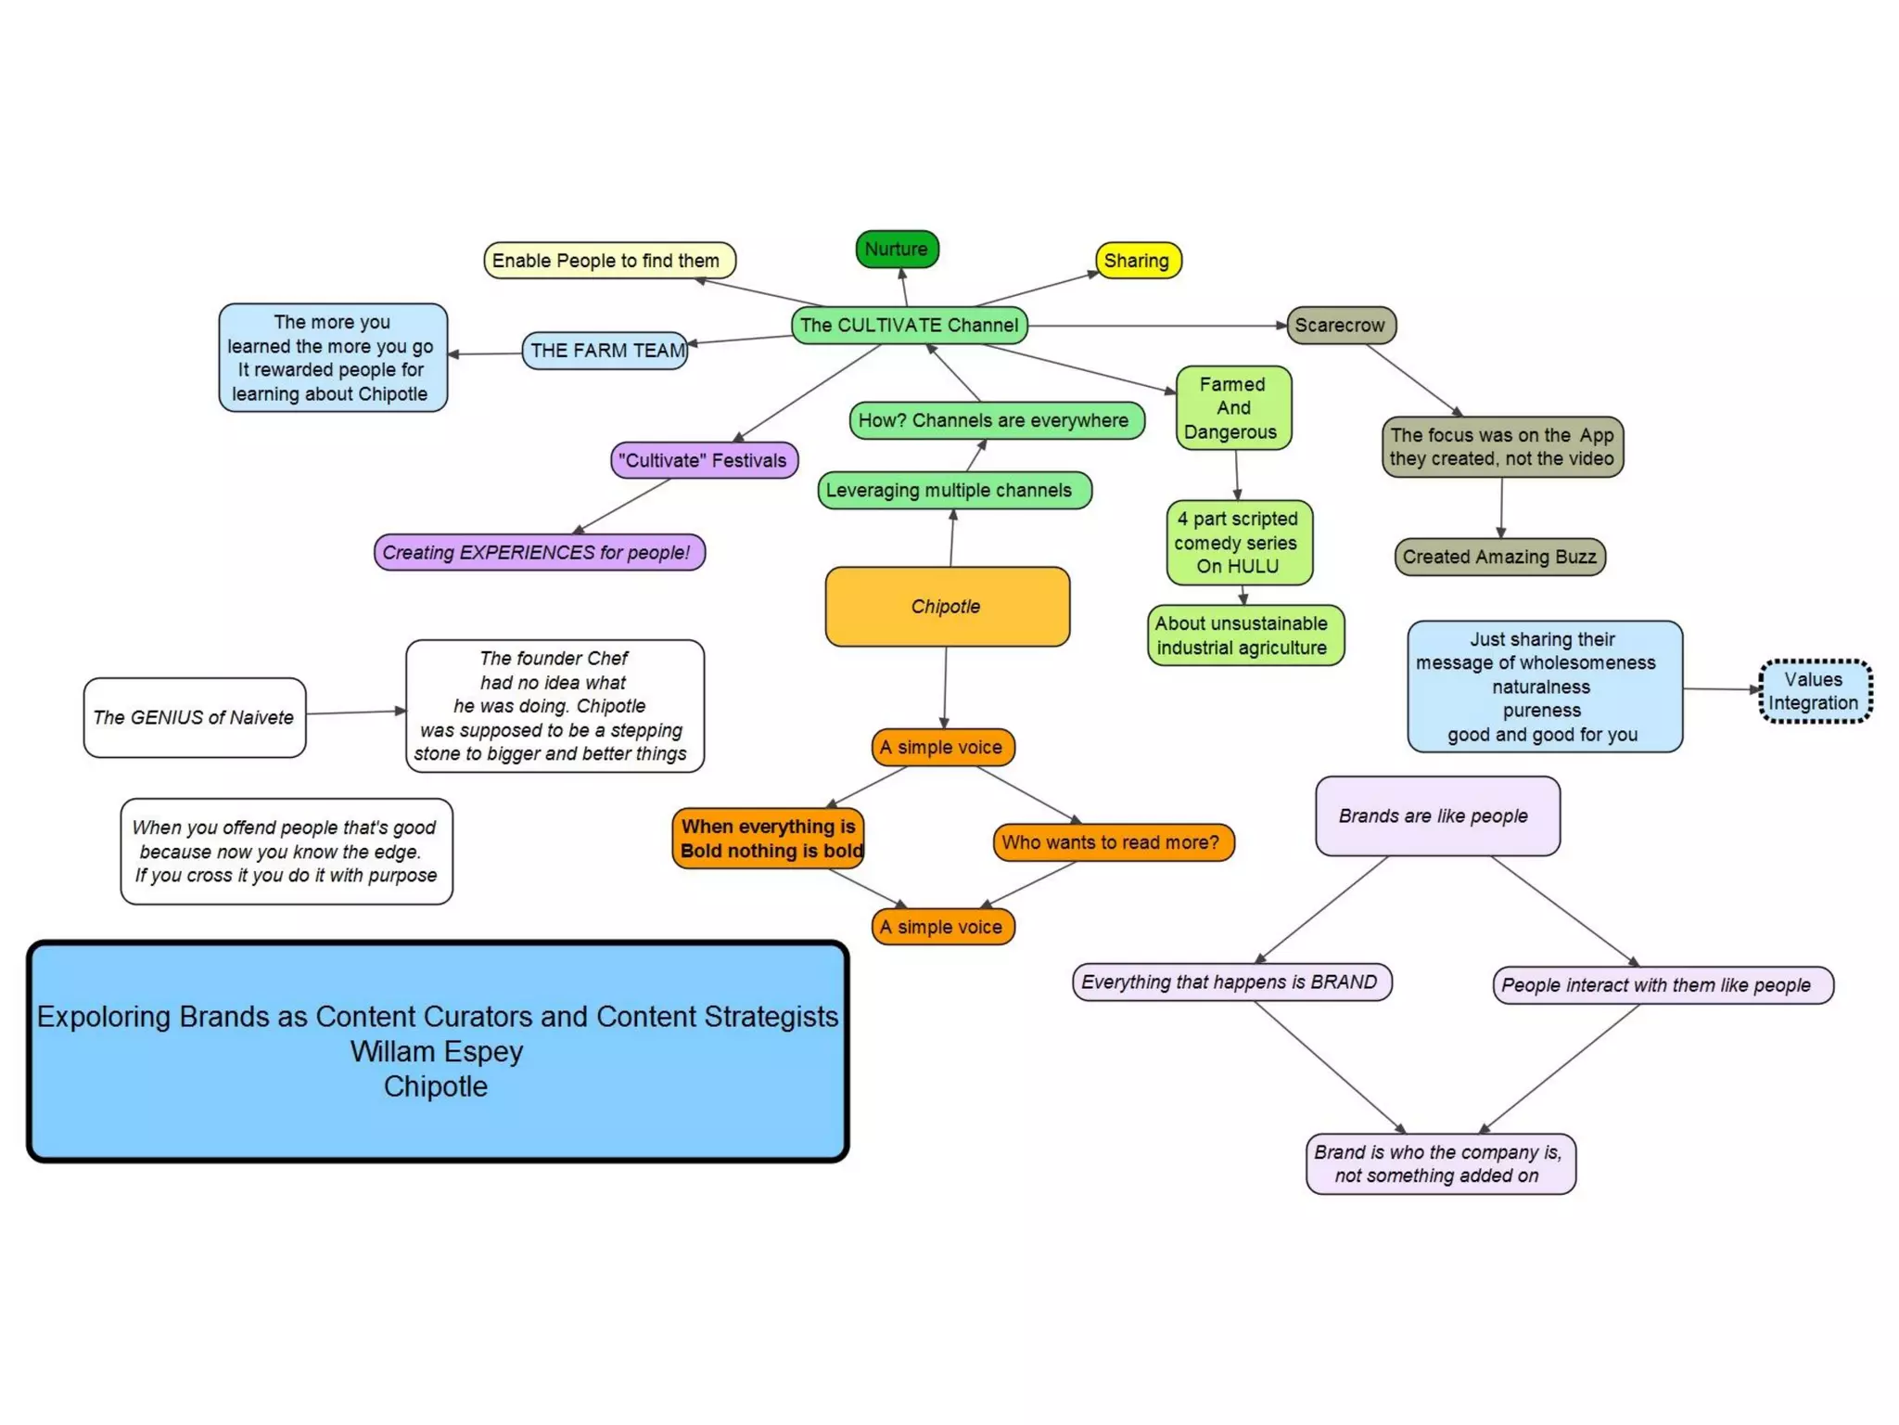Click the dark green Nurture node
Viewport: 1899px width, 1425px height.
click(897, 250)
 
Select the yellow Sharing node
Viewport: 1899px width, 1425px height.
click(1138, 261)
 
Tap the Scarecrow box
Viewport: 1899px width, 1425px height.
click(1340, 326)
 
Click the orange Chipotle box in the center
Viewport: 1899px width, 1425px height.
click(947, 607)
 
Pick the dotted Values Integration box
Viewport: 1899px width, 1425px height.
click(1815, 691)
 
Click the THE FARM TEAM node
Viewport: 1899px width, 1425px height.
click(605, 351)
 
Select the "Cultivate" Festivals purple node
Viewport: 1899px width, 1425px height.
click(704, 460)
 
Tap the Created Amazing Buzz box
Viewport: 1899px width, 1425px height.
click(1499, 557)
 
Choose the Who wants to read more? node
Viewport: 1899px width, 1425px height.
click(1112, 842)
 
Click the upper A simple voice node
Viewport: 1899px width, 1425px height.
click(942, 748)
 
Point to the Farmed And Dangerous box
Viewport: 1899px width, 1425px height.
click(1232, 408)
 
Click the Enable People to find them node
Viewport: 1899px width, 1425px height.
click(608, 261)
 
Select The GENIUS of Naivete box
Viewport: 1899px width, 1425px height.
click(194, 717)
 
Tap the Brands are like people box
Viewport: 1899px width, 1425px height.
click(1436, 816)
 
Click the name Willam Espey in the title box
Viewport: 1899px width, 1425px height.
click(437, 1052)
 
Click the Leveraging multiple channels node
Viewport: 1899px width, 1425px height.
click(953, 491)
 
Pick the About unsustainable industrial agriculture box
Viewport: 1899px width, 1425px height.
click(1244, 635)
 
